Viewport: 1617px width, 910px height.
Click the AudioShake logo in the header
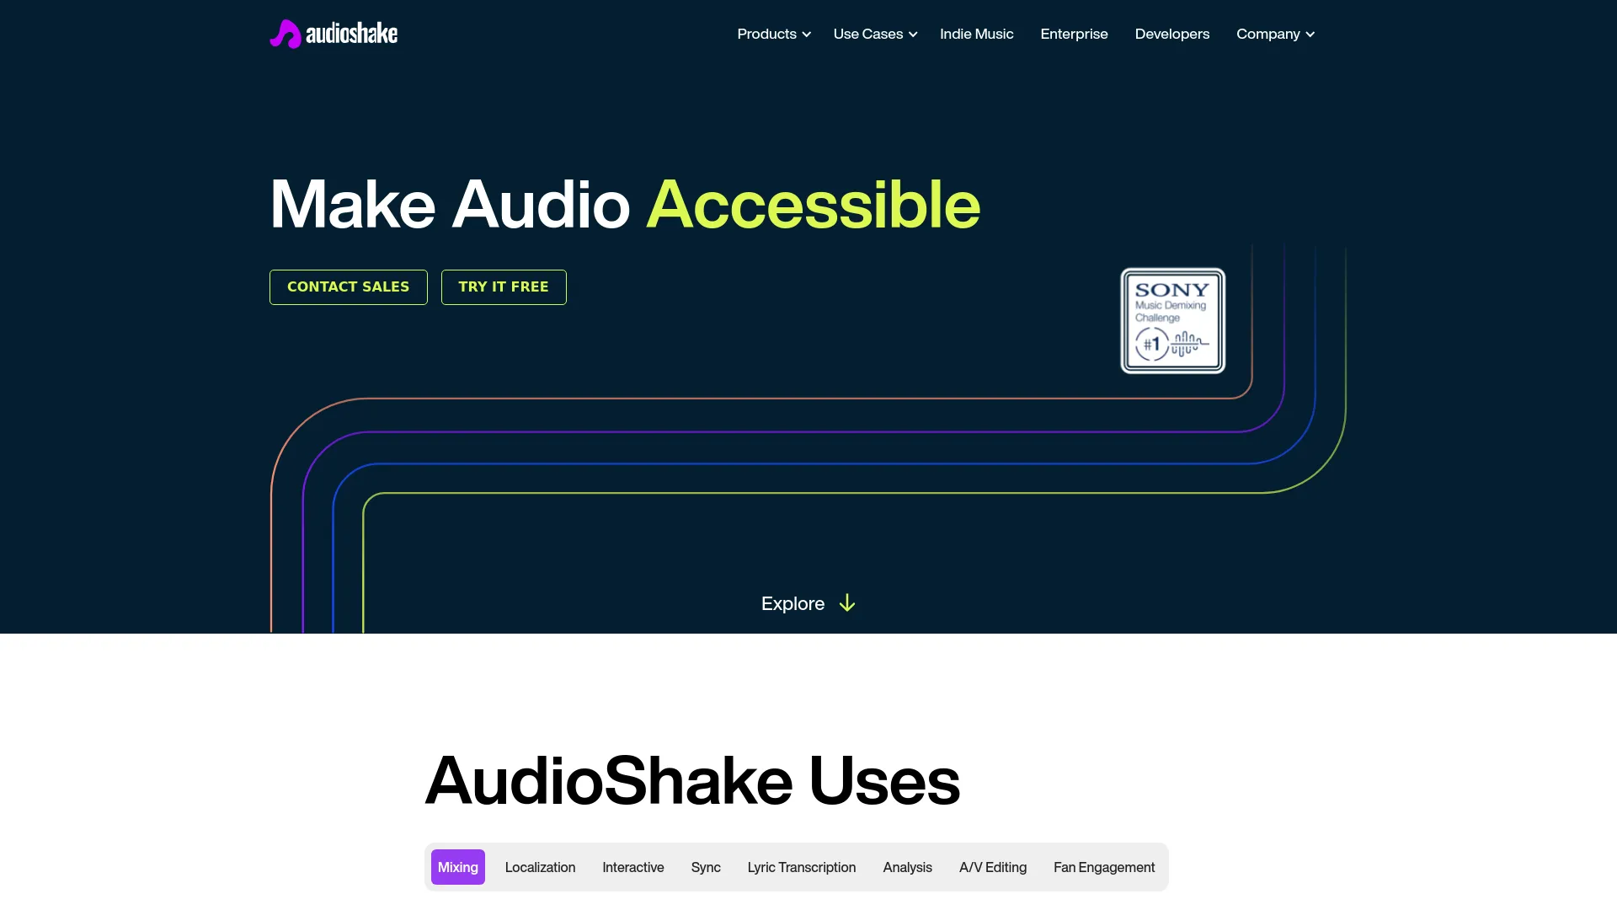334,34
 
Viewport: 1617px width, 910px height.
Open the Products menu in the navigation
773,34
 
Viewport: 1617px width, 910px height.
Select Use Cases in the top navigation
874,34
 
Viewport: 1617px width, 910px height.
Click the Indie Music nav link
976,34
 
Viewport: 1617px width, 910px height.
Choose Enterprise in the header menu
1074,34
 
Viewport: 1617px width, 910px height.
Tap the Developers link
1171,34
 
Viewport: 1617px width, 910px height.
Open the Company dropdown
1274,34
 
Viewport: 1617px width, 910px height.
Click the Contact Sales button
348,287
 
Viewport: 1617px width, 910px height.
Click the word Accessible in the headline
813,205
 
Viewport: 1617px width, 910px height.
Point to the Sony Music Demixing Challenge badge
1172,321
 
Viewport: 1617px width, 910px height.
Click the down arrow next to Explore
847,603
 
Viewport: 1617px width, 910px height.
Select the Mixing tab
457,867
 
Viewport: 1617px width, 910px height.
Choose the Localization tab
540,867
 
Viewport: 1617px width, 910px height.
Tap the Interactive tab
632,867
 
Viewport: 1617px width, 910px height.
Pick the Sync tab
706,867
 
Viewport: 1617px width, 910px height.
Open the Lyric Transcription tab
801,867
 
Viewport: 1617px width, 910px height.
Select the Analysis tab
907,867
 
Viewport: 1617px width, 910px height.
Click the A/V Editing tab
992,867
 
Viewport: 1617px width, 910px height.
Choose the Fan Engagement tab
1103,867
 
